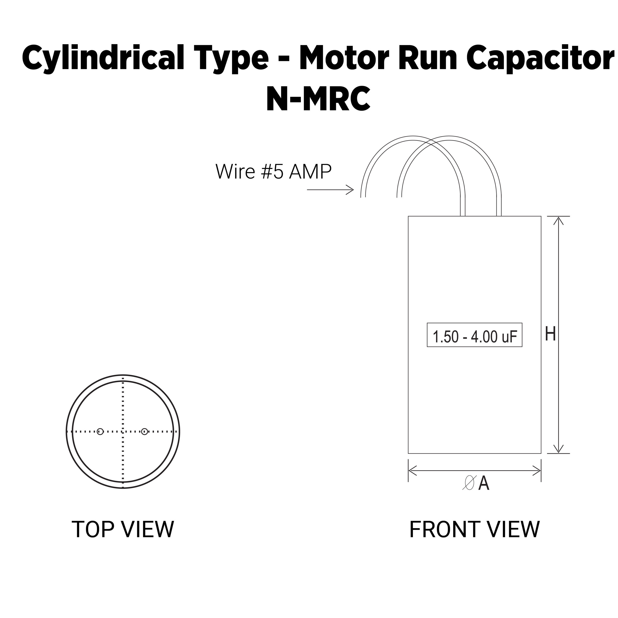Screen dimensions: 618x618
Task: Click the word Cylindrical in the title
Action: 103,58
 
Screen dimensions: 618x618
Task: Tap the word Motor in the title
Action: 344,58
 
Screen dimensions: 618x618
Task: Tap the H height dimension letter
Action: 550,334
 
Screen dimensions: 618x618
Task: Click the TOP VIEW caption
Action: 123,530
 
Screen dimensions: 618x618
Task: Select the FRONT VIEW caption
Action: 474,530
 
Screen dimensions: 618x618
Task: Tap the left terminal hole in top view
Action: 100,431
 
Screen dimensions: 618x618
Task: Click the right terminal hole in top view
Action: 145,431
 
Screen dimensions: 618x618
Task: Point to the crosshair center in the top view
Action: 123,431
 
